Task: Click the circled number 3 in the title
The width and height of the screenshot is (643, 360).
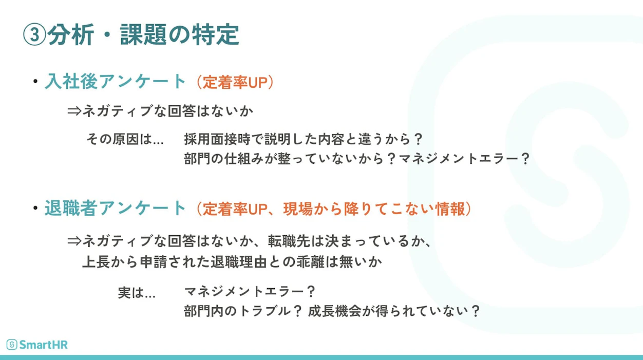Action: tap(34, 35)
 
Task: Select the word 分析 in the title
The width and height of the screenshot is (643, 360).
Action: tap(70, 35)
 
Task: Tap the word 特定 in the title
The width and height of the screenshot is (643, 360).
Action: tap(216, 35)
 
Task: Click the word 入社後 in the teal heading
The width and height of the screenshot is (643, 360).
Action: tap(71, 82)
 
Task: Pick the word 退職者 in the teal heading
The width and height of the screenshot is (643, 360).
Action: tap(71, 208)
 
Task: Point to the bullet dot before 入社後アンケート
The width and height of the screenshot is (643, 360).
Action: tap(35, 82)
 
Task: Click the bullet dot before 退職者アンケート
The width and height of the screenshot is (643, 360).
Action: tap(35, 208)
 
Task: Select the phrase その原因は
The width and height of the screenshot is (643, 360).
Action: tap(119, 139)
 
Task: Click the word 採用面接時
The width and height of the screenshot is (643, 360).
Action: tap(218, 139)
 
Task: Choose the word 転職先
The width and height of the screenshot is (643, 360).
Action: tap(289, 241)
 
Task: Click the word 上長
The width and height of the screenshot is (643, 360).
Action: tap(96, 262)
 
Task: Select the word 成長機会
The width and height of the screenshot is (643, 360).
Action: tap(334, 311)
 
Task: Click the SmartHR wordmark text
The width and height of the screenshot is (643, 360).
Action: tap(44, 345)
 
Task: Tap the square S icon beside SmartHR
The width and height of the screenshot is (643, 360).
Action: tap(12, 345)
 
